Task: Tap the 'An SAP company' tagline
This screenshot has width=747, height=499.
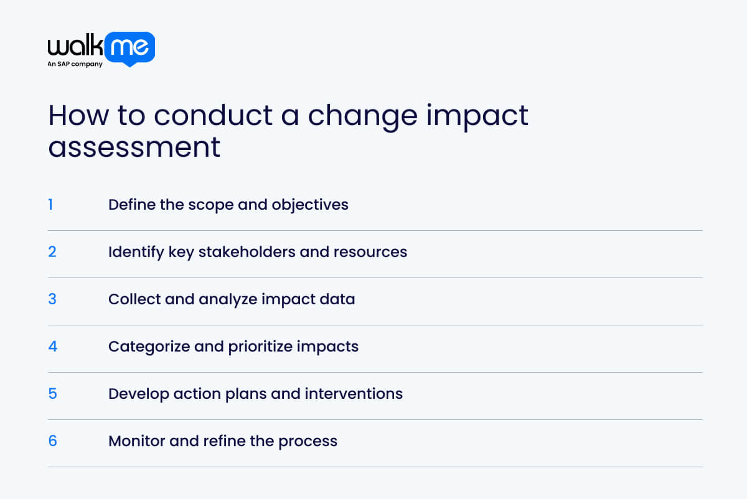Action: [x=75, y=65]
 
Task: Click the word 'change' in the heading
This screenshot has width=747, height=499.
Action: [x=365, y=116]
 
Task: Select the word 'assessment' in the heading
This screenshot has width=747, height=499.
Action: [x=134, y=147]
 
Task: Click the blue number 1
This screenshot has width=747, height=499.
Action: [x=50, y=205]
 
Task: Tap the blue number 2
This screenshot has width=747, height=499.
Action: [x=52, y=252]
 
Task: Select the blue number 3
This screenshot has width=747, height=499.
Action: [x=52, y=299]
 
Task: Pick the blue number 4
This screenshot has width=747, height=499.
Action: [x=52, y=347]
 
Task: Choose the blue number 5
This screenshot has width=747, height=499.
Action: [x=52, y=394]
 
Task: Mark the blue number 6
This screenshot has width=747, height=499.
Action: [x=52, y=441]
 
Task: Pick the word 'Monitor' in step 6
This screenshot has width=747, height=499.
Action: [x=135, y=441]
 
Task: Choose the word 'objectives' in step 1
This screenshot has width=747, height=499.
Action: [x=310, y=205]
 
